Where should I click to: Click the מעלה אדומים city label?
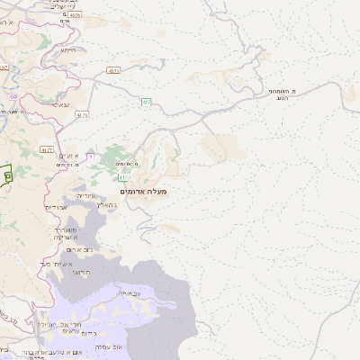tap(142, 191)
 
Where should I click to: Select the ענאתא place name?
tap(60, 104)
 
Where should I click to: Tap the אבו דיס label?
tap(56, 207)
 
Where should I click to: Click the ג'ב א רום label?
tap(76, 248)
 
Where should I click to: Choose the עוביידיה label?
tap(129, 292)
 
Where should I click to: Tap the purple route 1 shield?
tap(90, 157)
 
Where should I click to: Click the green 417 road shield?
tap(121, 177)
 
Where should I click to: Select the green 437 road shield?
tap(146, 103)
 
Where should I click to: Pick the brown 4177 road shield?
tap(48, 149)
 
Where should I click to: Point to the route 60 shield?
tap(13, 95)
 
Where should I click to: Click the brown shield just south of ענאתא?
tap(82, 115)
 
